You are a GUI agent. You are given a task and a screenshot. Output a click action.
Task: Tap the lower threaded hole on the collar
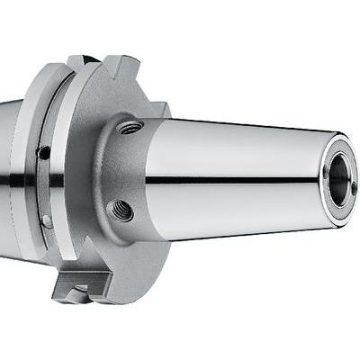click(x=120, y=211)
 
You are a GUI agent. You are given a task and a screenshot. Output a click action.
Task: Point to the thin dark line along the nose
click(x=234, y=180)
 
